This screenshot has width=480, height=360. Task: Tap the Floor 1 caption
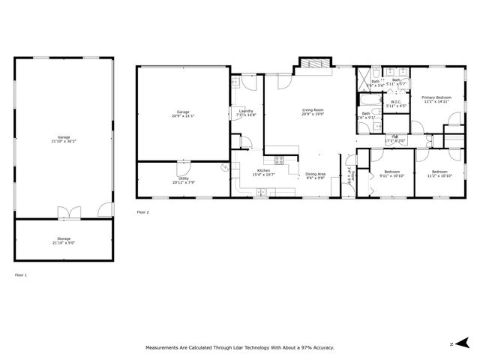(x=20, y=275)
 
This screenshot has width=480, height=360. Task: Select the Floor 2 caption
(x=142, y=212)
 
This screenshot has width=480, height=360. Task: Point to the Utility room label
(x=183, y=180)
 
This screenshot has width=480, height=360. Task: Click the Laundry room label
(x=246, y=113)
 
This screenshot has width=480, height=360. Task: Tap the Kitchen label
(x=264, y=172)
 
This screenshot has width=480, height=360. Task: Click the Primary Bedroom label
(x=436, y=98)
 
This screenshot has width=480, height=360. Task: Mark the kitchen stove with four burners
(x=279, y=159)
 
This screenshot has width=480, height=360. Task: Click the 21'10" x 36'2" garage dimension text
(x=64, y=141)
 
